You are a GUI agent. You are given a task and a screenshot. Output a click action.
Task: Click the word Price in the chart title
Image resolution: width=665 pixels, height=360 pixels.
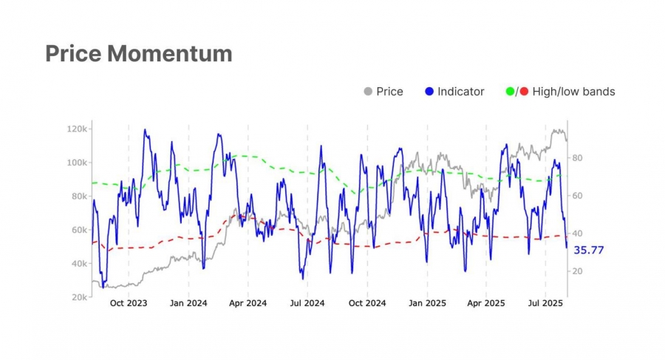tap(73, 54)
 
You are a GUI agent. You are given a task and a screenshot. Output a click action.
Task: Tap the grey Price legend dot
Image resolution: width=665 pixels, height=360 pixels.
tap(368, 92)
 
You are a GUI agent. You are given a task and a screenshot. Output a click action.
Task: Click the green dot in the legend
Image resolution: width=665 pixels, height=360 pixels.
tap(509, 92)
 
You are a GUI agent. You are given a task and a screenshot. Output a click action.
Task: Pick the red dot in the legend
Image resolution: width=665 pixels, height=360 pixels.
tap(524, 92)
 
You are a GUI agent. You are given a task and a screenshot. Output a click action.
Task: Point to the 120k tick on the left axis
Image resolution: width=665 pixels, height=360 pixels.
tap(78, 129)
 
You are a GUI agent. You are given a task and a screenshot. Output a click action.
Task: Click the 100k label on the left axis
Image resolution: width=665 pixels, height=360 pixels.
tap(78, 162)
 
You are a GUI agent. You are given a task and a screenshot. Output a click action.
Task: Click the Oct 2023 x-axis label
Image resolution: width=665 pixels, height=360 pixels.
tap(129, 304)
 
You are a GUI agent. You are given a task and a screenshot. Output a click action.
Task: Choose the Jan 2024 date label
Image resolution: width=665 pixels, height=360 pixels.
tap(188, 304)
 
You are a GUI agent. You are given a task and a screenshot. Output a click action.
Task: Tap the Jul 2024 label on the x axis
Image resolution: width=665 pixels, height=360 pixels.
tap(307, 304)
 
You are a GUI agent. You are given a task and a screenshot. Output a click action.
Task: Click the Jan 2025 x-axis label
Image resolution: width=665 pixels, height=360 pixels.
tap(426, 304)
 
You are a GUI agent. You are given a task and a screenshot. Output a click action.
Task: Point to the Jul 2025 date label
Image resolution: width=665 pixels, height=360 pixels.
tap(545, 304)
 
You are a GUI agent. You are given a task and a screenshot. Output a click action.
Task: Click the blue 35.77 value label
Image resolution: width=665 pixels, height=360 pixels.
tap(590, 250)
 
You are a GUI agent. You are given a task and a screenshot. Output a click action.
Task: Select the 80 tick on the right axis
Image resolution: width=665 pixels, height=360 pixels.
tap(577, 158)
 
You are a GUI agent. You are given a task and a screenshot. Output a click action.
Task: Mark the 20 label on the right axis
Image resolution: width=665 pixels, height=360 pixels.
tap(577, 271)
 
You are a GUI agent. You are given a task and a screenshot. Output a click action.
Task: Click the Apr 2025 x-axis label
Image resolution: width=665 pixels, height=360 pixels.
tap(485, 304)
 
